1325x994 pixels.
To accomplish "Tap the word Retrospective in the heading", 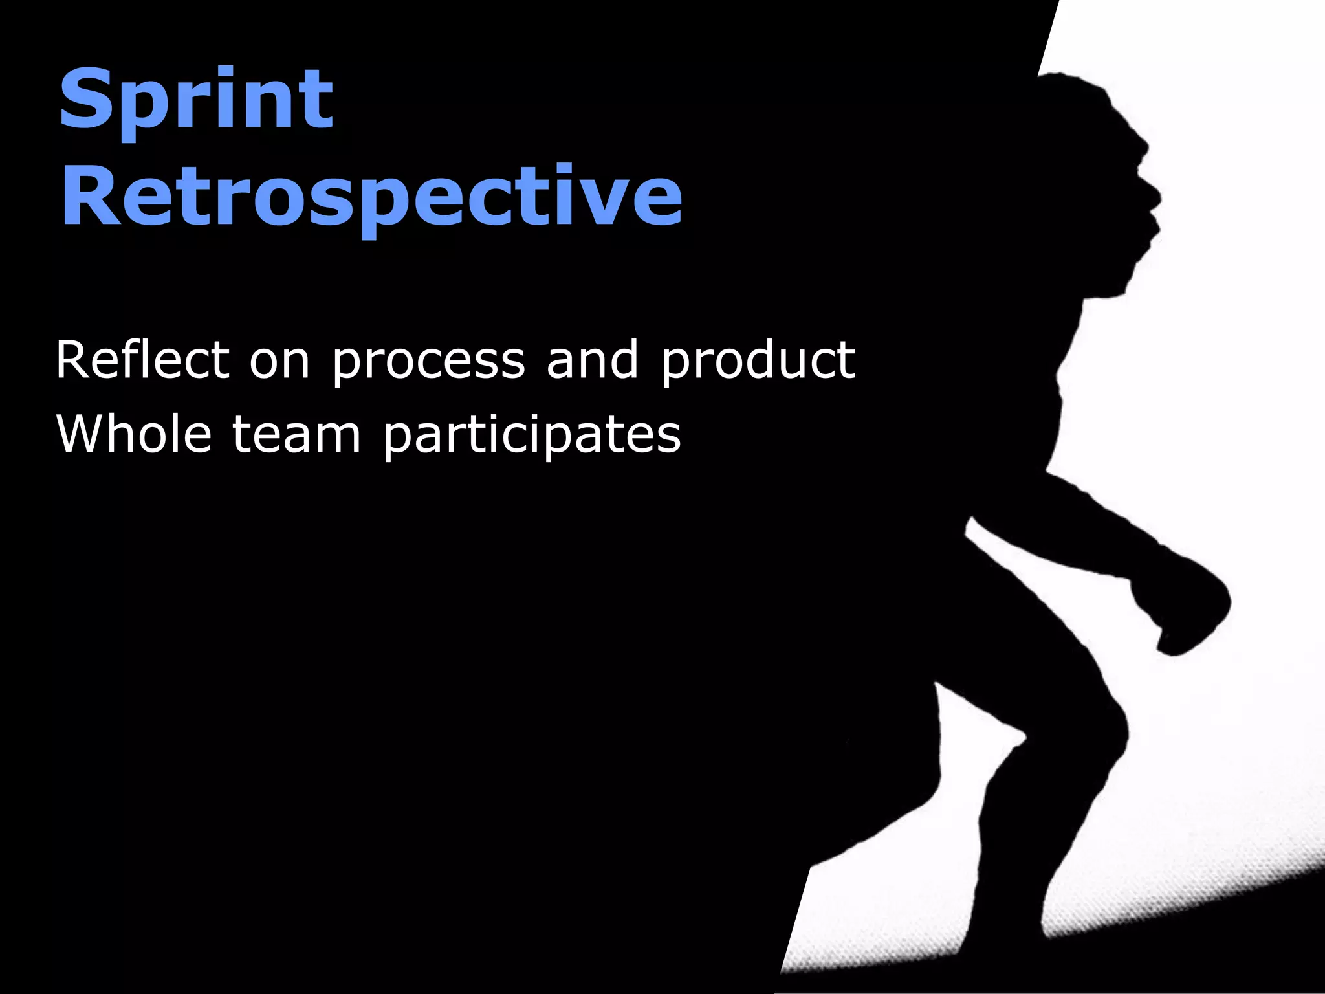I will (x=371, y=196).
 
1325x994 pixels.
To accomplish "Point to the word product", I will (x=758, y=361).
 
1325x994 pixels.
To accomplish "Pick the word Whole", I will (x=134, y=434).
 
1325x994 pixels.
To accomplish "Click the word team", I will (x=296, y=435).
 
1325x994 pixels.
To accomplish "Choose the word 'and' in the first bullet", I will (x=593, y=360).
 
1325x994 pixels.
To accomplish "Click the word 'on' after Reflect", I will (x=279, y=361).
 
